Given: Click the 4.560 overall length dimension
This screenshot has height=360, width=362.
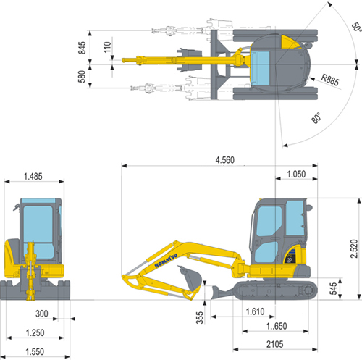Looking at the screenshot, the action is click(x=225, y=160).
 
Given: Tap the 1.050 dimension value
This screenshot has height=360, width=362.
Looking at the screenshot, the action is click(x=296, y=174).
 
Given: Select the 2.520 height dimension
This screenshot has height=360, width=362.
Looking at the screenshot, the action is click(x=354, y=248).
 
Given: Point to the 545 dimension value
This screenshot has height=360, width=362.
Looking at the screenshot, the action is click(x=333, y=288).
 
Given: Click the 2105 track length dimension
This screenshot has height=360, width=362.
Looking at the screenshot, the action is click(x=274, y=344).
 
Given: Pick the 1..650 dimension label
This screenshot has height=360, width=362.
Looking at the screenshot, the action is click(x=277, y=326).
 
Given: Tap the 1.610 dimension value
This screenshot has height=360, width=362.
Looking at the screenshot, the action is click(x=255, y=311).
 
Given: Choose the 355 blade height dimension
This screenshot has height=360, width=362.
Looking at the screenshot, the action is click(x=200, y=317).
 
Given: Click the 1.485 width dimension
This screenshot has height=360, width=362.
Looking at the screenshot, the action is click(x=33, y=177).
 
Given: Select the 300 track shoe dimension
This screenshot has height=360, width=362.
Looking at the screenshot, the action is click(x=42, y=314).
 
